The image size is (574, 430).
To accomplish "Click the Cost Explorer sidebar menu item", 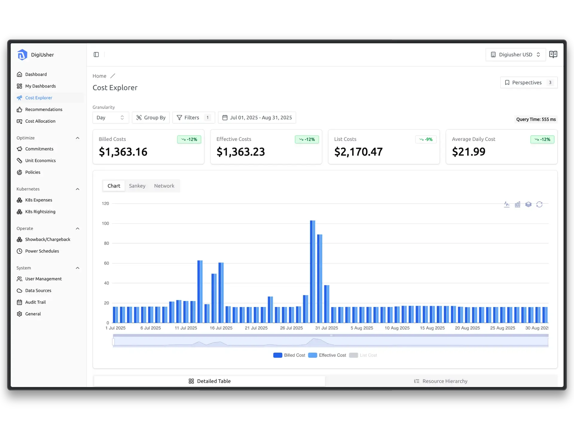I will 39,98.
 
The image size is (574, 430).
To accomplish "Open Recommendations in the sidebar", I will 44,109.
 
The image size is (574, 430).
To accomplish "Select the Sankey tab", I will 137,186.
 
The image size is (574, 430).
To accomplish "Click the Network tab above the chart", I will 164,186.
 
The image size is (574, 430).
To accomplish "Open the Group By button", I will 151,118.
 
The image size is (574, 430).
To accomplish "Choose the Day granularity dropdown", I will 110,118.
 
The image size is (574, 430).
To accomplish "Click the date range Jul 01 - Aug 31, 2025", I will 257,118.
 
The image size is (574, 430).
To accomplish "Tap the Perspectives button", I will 529,82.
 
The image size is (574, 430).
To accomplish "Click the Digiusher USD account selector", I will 515,55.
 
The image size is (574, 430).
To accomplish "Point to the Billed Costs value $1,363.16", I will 123,152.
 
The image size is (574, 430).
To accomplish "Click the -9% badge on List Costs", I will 426,139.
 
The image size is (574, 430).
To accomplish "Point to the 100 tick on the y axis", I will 106,223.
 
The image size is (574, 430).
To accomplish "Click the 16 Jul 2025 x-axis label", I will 221,328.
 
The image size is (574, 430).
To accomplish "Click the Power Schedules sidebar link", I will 42,251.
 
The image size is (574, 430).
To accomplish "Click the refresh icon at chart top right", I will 539,205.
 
